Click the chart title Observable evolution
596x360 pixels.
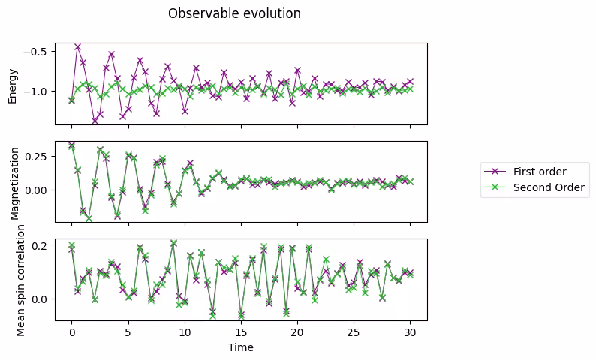[234, 13]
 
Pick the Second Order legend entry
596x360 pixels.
[548, 187]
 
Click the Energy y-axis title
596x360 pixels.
[13, 83]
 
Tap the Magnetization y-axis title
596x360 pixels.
[13, 181]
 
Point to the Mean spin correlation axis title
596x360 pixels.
[21, 279]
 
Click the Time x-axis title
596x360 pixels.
[241, 347]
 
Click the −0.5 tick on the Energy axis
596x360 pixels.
[36, 51]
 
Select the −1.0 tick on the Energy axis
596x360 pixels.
[36, 91]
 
